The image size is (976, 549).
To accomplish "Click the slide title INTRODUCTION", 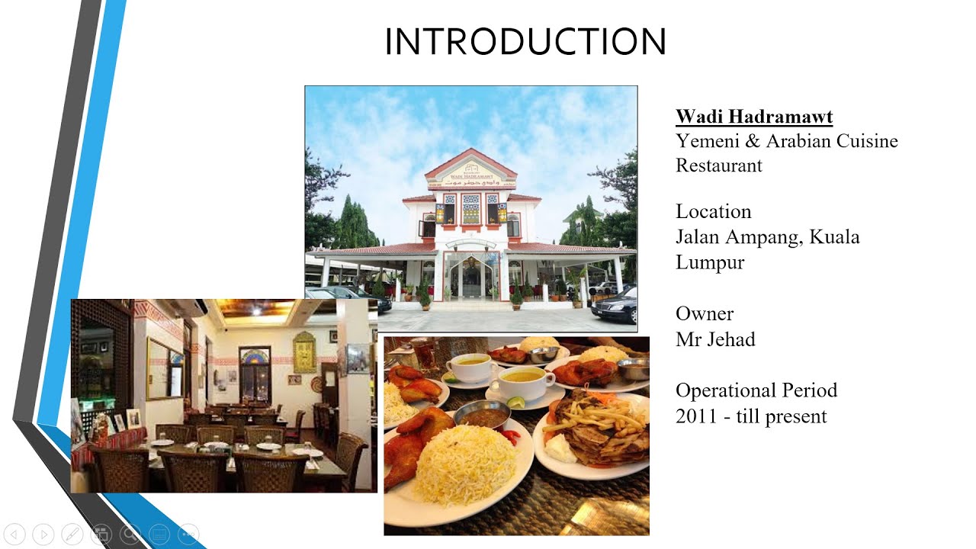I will click(525, 42).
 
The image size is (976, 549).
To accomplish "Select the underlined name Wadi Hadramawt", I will click(753, 117).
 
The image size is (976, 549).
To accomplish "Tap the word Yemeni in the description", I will click(706, 141).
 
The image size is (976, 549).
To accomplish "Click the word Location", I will click(713, 211).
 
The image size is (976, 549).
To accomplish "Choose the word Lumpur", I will click(709, 262).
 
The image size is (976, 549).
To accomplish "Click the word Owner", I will click(704, 313).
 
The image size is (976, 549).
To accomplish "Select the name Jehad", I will click(730, 339).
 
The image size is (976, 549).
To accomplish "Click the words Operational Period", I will click(756, 390).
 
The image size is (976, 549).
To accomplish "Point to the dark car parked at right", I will click(615, 305).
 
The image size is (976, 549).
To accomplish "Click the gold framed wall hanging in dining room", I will click(304, 352).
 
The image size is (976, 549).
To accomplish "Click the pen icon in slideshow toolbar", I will click(72, 534).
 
